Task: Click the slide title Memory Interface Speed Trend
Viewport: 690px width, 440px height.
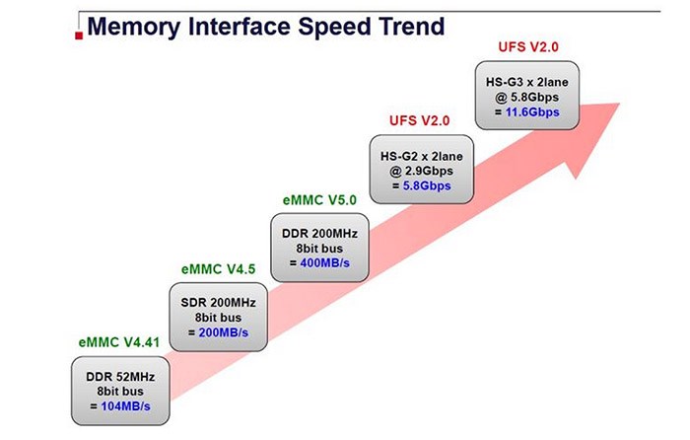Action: [266, 25]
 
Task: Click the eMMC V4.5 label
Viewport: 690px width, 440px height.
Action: [216, 268]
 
